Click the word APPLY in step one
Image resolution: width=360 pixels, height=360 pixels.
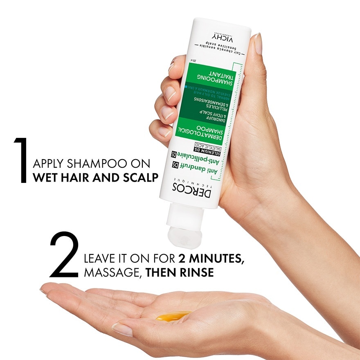click(x=49, y=164)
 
